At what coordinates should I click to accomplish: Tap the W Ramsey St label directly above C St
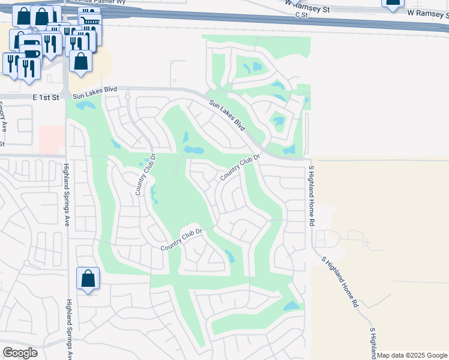[x=308, y=6]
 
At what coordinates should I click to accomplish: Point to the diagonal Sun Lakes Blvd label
[x=228, y=115]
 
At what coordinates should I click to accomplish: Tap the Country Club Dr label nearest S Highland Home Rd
[x=240, y=167]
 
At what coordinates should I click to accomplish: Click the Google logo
[x=20, y=353]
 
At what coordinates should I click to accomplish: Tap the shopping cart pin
[x=89, y=22]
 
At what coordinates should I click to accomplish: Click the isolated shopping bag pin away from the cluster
[x=88, y=278]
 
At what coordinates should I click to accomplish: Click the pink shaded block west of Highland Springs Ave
[x=52, y=139]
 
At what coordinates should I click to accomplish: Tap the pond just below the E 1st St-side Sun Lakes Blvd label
[x=85, y=106]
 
